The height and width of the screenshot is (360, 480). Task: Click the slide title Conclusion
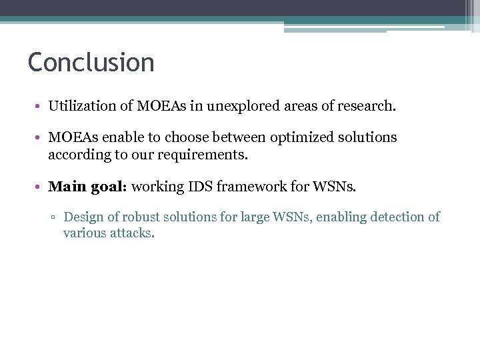coord(91,63)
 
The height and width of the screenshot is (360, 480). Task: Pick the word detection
coord(389,217)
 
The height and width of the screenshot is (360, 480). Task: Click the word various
coord(84,233)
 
